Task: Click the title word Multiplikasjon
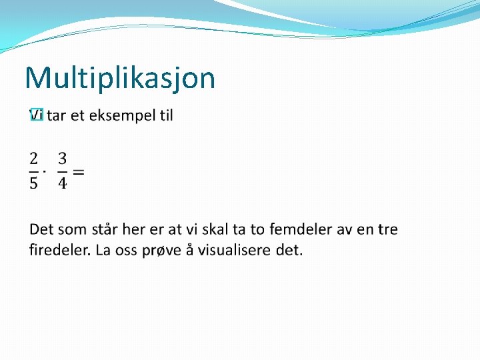point(120,79)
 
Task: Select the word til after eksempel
point(165,115)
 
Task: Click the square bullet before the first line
point(36,115)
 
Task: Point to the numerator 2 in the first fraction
point(33,159)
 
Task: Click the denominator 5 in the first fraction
point(33,183)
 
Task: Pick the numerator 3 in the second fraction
point(62,159)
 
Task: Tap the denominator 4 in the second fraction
point(62,183)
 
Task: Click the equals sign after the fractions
point(78,171)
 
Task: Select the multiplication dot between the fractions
point(45,171)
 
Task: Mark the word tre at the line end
point(387,230)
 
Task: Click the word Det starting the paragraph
point(41,230)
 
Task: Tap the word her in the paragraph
point(135,230)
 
